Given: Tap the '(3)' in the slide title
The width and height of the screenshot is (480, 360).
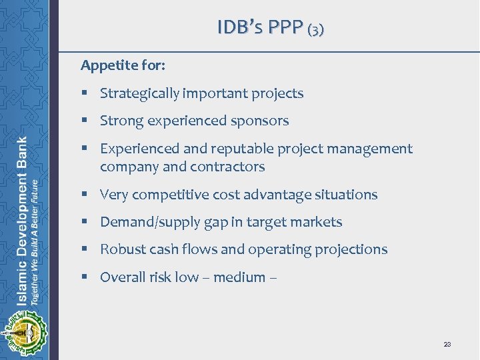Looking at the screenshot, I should (x=316, y=29).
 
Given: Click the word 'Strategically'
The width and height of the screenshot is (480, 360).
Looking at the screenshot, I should (x=139, y=93).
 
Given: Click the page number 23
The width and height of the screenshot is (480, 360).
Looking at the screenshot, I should (x=447, y=344).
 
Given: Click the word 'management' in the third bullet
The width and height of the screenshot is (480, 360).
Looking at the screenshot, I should (x=369, y=149).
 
